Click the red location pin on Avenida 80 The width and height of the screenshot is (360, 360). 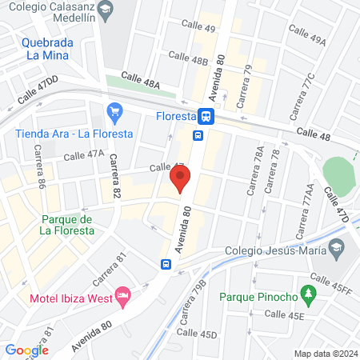click(x=179, y=182)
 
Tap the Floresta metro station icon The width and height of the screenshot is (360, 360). click(x=206, y=116)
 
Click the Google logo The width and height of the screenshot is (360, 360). click(x=26, y=350)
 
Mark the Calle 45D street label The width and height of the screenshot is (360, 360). click(x=197, y=333)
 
